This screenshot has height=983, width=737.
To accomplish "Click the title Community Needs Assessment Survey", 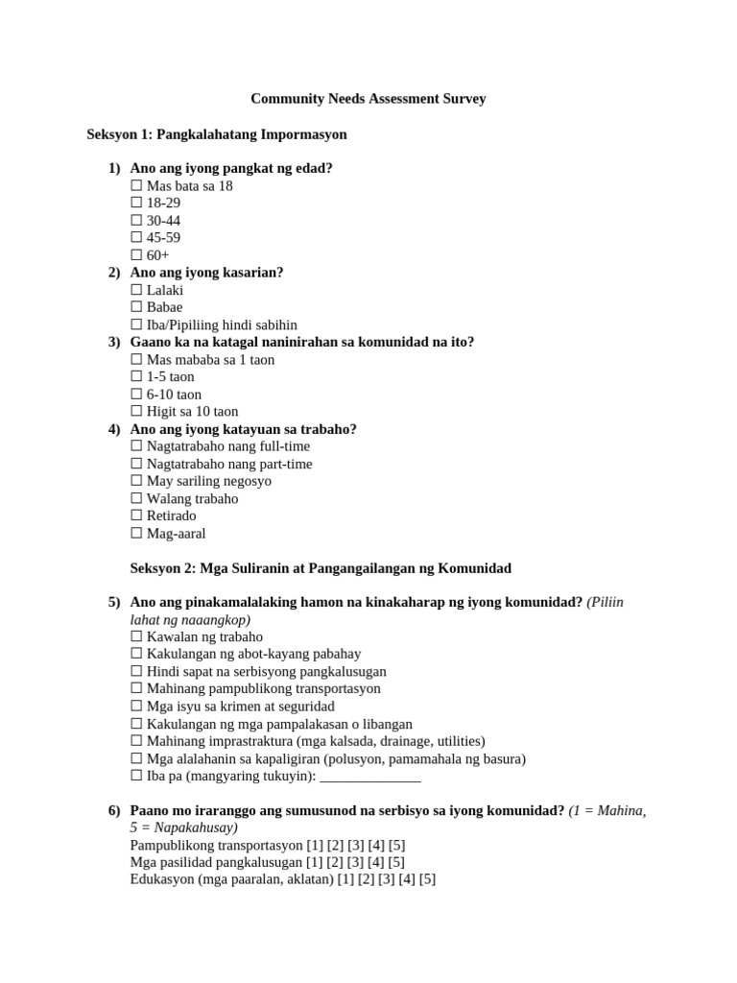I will (368, 99).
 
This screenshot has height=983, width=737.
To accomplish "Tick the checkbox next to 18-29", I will (136, 204).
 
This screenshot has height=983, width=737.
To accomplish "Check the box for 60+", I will (136, 255).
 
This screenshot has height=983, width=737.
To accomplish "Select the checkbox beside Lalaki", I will (136, 290).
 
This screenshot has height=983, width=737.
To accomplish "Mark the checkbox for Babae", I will (136, 307).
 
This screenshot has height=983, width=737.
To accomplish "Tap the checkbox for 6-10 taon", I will (136, 395).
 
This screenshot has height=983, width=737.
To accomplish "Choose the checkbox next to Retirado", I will (136, 515).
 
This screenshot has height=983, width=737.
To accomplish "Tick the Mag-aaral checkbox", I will (136, 534).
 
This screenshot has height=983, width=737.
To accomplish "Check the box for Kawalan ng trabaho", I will (136, 637).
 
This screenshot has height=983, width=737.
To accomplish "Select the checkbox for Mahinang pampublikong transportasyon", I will (136, 689).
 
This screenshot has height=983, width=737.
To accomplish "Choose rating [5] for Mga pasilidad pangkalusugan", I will (396, 863).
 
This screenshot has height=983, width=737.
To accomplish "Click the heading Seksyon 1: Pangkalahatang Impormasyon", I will (217, 135).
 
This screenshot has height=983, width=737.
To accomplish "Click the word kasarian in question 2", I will (250, 273).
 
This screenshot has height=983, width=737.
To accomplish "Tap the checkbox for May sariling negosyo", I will (136, 481).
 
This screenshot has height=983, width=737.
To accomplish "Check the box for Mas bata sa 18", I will (136, 186).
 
